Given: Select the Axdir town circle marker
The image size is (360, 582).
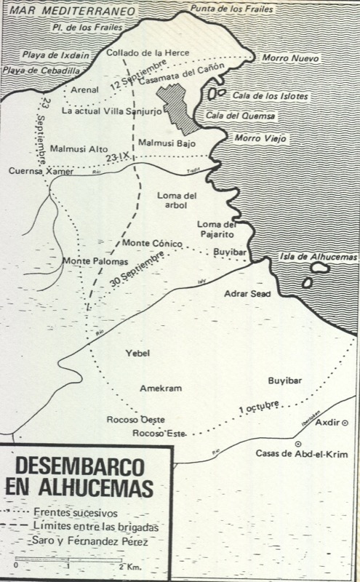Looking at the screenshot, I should click(345, 423).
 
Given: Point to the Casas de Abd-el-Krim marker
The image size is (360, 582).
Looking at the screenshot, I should click(297, 443).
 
